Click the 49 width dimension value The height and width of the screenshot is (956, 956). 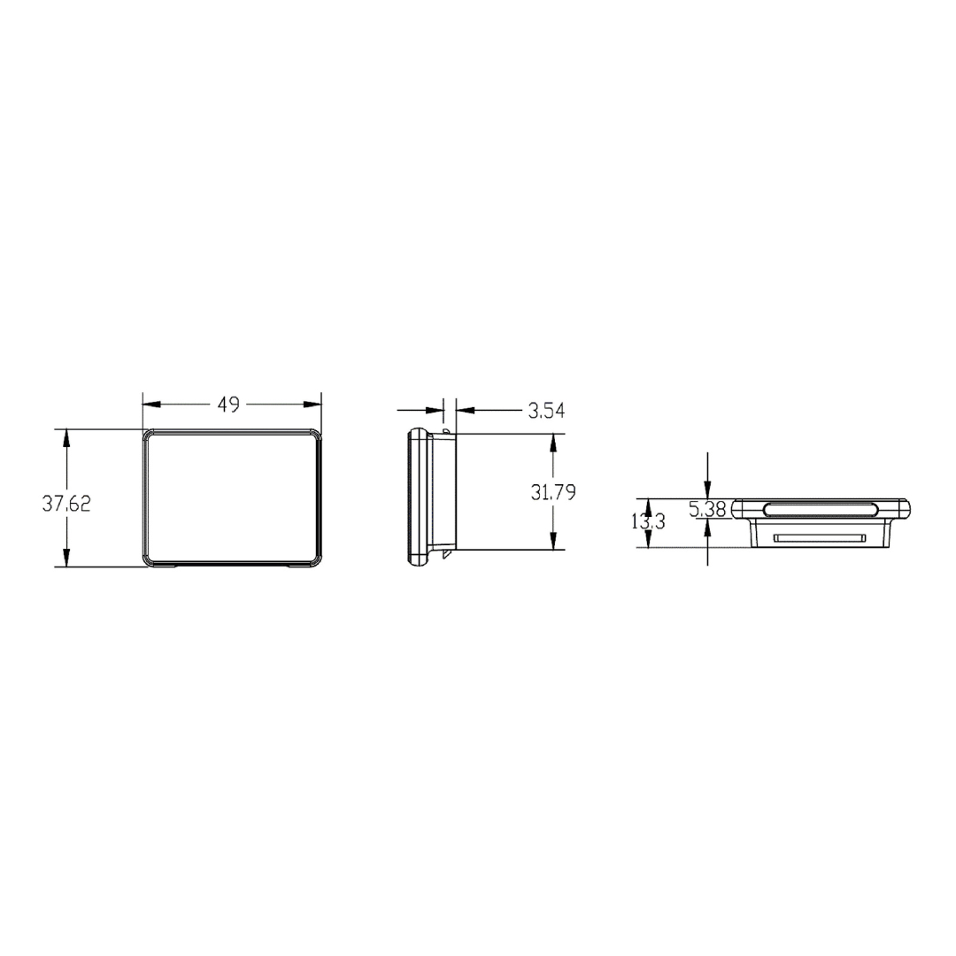pyautogui.click(x=228, y=405)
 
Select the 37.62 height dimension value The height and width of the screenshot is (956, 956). pyautogui.click(x=66, y=504)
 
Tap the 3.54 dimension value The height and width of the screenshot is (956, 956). pyautogui.click(x=546, y=411)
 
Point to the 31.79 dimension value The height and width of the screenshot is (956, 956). pyautogui.click(x=553, y=492)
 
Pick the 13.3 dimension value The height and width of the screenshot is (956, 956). pyautogui.click(x=648, y=522)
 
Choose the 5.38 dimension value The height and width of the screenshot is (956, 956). pyautogui.click(x=708, y=508)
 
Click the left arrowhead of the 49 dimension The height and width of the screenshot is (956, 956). pyautogui.click(x=151, y=405)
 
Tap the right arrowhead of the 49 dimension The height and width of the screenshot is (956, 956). pyautogui.click(x=312, y=405)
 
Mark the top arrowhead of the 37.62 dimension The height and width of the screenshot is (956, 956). pyautogui.click(x=66, y=438)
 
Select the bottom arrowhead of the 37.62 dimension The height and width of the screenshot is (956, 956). pyautogui.click(x=66, y=558)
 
